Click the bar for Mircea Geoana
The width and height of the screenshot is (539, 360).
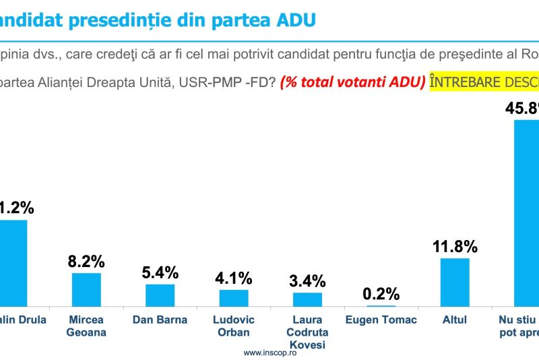coord(86,289)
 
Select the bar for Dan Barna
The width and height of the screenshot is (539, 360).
coord(160,295)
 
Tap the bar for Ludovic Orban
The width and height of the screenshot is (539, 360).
coord(234,297)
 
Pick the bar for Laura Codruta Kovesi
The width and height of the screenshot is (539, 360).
coord(307,299)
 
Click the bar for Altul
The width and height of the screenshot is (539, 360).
coord(455,282)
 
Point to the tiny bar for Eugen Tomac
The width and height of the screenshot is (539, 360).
coord(381,306)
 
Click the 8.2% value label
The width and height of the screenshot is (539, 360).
coord(86,261)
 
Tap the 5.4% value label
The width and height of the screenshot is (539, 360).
coord(160,272)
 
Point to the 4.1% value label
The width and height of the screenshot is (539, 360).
coord(234,278)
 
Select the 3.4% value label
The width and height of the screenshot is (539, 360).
coord(307,280)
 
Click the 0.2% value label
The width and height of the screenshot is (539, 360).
coord(381,294)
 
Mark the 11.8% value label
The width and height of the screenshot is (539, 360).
coord(455,246)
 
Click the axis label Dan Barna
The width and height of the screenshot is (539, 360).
coord(160,320)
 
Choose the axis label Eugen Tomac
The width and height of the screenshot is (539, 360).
coord(381,320)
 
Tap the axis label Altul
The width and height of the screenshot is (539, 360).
coord(455,320)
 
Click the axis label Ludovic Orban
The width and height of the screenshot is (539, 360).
coord(234,326)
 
